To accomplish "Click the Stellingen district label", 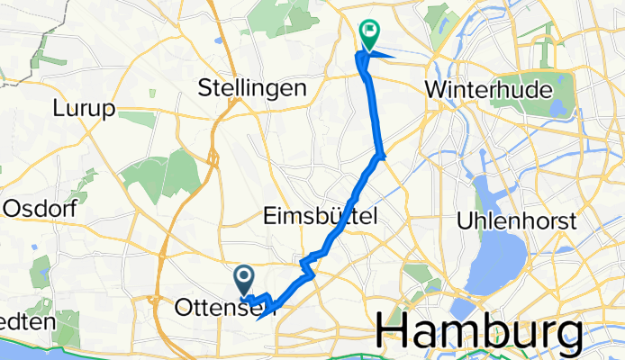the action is click(x=251, y=88).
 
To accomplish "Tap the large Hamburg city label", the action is click(x=477, y=330).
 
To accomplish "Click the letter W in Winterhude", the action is click(x=436, y=90).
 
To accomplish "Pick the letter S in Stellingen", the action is click(x=204, y=88).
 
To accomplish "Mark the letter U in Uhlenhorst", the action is click(x=466, y=220).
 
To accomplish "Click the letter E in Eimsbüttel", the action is click(x=271, y=215).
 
